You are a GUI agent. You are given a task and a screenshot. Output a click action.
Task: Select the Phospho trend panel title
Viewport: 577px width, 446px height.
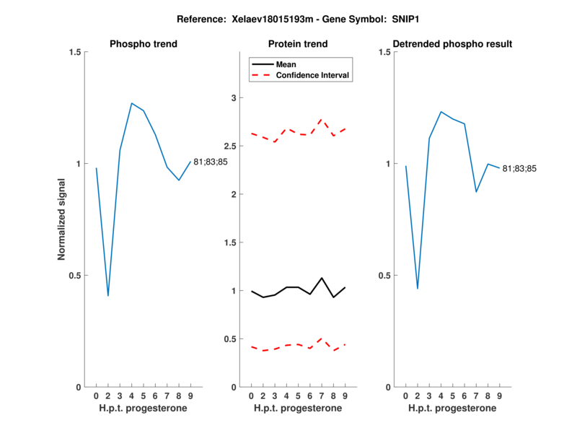[144, 44]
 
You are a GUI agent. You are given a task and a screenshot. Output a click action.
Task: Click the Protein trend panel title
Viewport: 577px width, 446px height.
[298, 44]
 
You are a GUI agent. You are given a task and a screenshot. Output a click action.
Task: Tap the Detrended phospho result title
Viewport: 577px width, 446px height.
[453, 44]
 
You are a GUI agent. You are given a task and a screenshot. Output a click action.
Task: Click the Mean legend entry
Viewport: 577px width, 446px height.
[286, 64]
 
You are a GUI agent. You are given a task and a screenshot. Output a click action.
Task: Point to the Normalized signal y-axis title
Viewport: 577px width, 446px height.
[63, 219]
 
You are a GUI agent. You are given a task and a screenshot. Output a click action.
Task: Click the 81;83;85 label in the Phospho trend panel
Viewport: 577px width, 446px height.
[211, 162]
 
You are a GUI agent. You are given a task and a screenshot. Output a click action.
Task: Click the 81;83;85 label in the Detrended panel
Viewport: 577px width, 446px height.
[520, 169]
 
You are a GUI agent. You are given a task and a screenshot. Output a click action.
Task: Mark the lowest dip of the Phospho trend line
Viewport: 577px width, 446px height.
[108, 295]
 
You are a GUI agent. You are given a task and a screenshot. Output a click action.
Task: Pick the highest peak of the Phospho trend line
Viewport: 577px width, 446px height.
[131, 103]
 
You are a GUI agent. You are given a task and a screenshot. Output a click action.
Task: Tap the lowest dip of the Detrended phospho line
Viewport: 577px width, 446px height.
[418, 289]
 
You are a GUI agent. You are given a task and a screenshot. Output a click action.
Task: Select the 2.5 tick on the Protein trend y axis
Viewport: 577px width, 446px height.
[233, 146]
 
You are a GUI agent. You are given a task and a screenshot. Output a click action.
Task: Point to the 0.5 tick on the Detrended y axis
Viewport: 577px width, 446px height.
[386, 276]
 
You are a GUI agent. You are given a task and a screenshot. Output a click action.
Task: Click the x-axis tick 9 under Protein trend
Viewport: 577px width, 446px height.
[345, 396]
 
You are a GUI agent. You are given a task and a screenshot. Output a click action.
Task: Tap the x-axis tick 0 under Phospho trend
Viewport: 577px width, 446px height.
[96, 396]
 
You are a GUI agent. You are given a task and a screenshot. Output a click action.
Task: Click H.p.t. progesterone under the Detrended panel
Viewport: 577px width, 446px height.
[452, 408]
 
